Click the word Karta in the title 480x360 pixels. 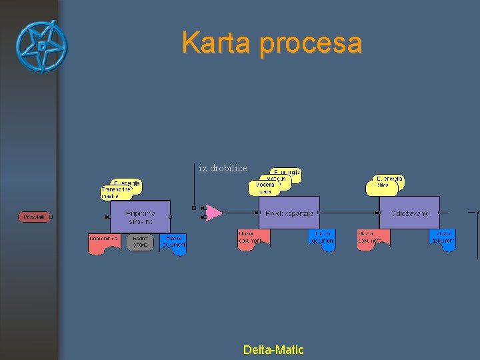click(217, 43)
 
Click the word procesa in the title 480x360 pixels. click(310, 44)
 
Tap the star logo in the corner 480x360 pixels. click(41, 46)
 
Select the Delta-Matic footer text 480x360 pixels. click(273, 349)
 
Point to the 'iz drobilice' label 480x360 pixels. click(223, 169)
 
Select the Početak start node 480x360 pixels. click(35, 217)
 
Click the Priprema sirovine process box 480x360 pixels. click(140, 217)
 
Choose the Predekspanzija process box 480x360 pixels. click(289, 213)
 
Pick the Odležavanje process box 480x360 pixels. click(409, 213)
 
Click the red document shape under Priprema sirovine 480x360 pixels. click(104, 243)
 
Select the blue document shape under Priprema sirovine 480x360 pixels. click(173, 243)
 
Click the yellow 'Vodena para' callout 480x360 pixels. click(264, 187)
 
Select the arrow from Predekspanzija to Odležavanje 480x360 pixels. click(349, 212)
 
